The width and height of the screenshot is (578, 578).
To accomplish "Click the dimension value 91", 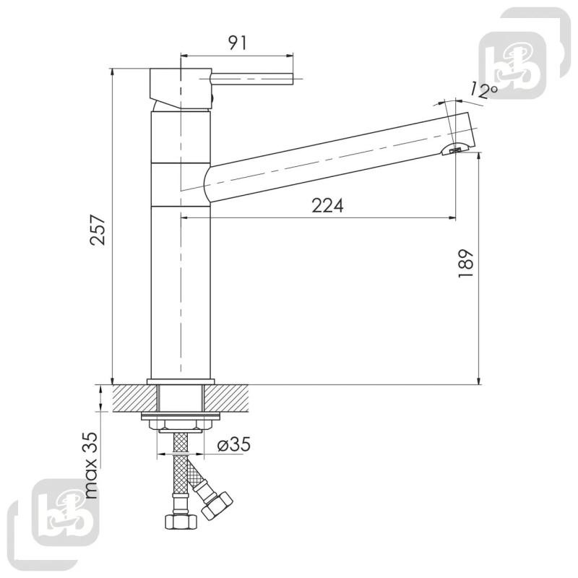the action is (x=238, y=43).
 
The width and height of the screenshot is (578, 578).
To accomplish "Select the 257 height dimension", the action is (x=98, y=230).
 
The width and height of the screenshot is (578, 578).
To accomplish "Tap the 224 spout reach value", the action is (x=327, y=206).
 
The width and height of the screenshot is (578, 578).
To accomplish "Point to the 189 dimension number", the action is (x=465, y=264).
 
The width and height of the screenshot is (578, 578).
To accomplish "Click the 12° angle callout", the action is (x=484, y=91).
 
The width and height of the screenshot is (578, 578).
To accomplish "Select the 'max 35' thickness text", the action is (x=92, y=465).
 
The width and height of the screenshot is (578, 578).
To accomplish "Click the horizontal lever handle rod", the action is (x=252, y=79).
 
